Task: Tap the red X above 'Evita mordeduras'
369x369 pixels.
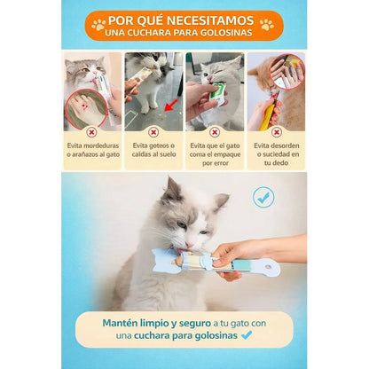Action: pyautogui.click(x=91, y=131)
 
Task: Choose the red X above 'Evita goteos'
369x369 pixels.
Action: pyautogui.click(x=153, y=131)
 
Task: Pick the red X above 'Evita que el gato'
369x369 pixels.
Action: pyautogui.click(x=215, y=131)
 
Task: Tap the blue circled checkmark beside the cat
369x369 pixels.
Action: pyautogui.click(x=263, y=197)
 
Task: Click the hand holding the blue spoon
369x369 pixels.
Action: pyautogui.click(x=266, y=250)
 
